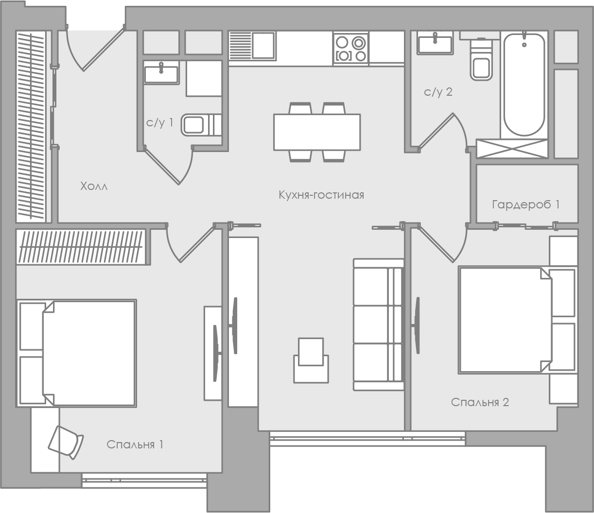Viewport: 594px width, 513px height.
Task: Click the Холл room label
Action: pos(94,186)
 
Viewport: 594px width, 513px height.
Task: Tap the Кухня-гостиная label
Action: pos(321,195)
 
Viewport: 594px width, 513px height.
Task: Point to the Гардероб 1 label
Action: pos(525,205)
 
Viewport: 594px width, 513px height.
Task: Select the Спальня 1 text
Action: pos(135,445)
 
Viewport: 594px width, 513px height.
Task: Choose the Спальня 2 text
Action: pos(480,402)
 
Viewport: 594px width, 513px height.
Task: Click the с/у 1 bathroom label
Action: pos(159,122)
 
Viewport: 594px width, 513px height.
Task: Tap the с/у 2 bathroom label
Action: pos(438,92)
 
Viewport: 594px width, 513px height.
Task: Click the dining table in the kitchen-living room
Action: pos(317,132)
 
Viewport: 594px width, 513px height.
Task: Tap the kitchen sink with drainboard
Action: pos(252,46)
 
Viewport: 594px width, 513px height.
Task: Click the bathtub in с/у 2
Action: pos(524,85)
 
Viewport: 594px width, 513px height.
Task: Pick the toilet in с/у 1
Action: pos(201,125)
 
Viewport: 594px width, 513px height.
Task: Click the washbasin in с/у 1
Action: pos(161,74)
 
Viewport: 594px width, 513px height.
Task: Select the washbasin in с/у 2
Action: pos(435,43)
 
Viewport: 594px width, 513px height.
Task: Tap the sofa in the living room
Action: pos(379,325)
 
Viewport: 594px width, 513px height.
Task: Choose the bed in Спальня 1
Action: pos(77,353)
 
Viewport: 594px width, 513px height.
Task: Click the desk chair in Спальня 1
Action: pos(66,443)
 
